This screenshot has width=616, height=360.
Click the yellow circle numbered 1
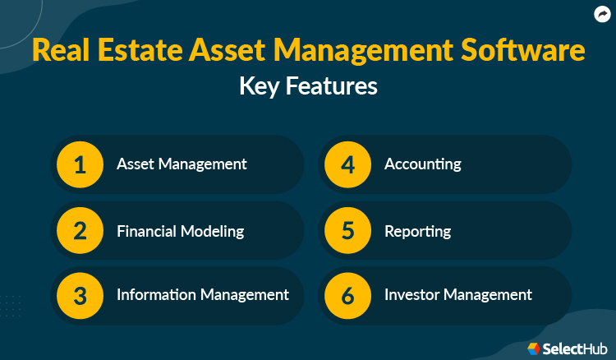pyautogui.click(x=80, y=164)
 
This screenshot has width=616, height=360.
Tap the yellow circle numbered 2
pyautogui.click(x=80, y=231)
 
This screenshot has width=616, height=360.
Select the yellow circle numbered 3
pyautogui.click(x=80, y=295)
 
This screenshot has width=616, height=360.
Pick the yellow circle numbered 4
pyautogui.click(x=347, y=164)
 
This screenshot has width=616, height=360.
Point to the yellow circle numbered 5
pyautogui.click(x=347, y=231)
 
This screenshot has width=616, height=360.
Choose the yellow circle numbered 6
pyautogui.click(x=347, y=295)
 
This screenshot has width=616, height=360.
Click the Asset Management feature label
pyautogui.click(x=182, y=164)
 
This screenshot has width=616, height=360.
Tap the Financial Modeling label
pyautogui.click(x=180, y=231)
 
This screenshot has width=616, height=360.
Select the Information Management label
pyautogui.click(x=202, y=294)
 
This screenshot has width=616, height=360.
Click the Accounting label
pyautogui.click(x=422, y=164)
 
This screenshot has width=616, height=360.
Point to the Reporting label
pyautogui.click(x=417, y=231)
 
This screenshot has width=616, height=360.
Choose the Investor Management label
pyautogui.click(x=458, y=294)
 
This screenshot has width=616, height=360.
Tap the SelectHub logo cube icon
pyautogui.click(x=534, y=348)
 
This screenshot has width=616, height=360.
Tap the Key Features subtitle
pyautogui.click(x=308, y=85)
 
